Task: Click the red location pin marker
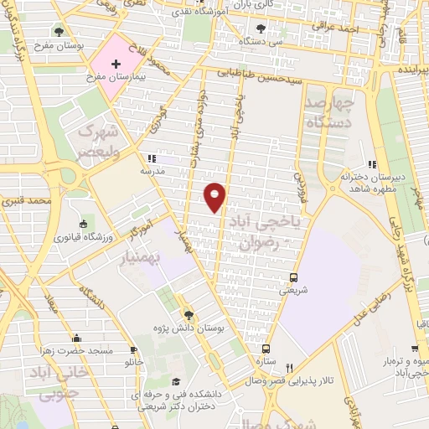click(x=215, y=196)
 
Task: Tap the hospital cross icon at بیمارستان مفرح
click(x=116, y=64)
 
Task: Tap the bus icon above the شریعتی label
click(x=292, y=277)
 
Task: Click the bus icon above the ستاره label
click(x=266, y=348)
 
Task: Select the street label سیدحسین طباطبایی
click(x=264, y=75)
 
